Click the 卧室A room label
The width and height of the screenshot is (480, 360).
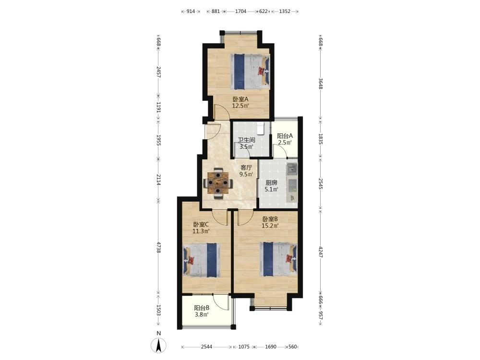coord(240,99)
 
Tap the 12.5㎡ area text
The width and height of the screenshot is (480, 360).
coord(240,106)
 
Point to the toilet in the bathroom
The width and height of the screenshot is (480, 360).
coord(260,128)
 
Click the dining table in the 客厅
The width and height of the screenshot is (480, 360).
coord(218,183)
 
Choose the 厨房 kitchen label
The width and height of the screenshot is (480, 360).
coord(271,183)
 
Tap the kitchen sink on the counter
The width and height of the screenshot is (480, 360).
coord(292,169)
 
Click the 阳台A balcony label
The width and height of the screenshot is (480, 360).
coord(285,136)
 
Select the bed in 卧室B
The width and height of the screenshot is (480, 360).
coord(278,259)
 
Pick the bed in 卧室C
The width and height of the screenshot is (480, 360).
coord(201,260)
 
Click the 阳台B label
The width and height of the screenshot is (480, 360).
coord(202,308)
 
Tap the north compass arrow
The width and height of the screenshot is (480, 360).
coord(158,346)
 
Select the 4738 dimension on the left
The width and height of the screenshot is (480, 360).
coord(158,247)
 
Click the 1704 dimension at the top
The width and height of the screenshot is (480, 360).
coord(240,12)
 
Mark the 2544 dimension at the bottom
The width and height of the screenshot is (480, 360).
coord(206,347)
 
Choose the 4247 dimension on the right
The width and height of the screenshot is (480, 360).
coord(320,252)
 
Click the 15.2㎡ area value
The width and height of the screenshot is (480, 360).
coord(270,226)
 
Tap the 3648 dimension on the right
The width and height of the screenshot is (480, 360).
coord(320,84)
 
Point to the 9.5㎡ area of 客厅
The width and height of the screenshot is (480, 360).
coord(246,174)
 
